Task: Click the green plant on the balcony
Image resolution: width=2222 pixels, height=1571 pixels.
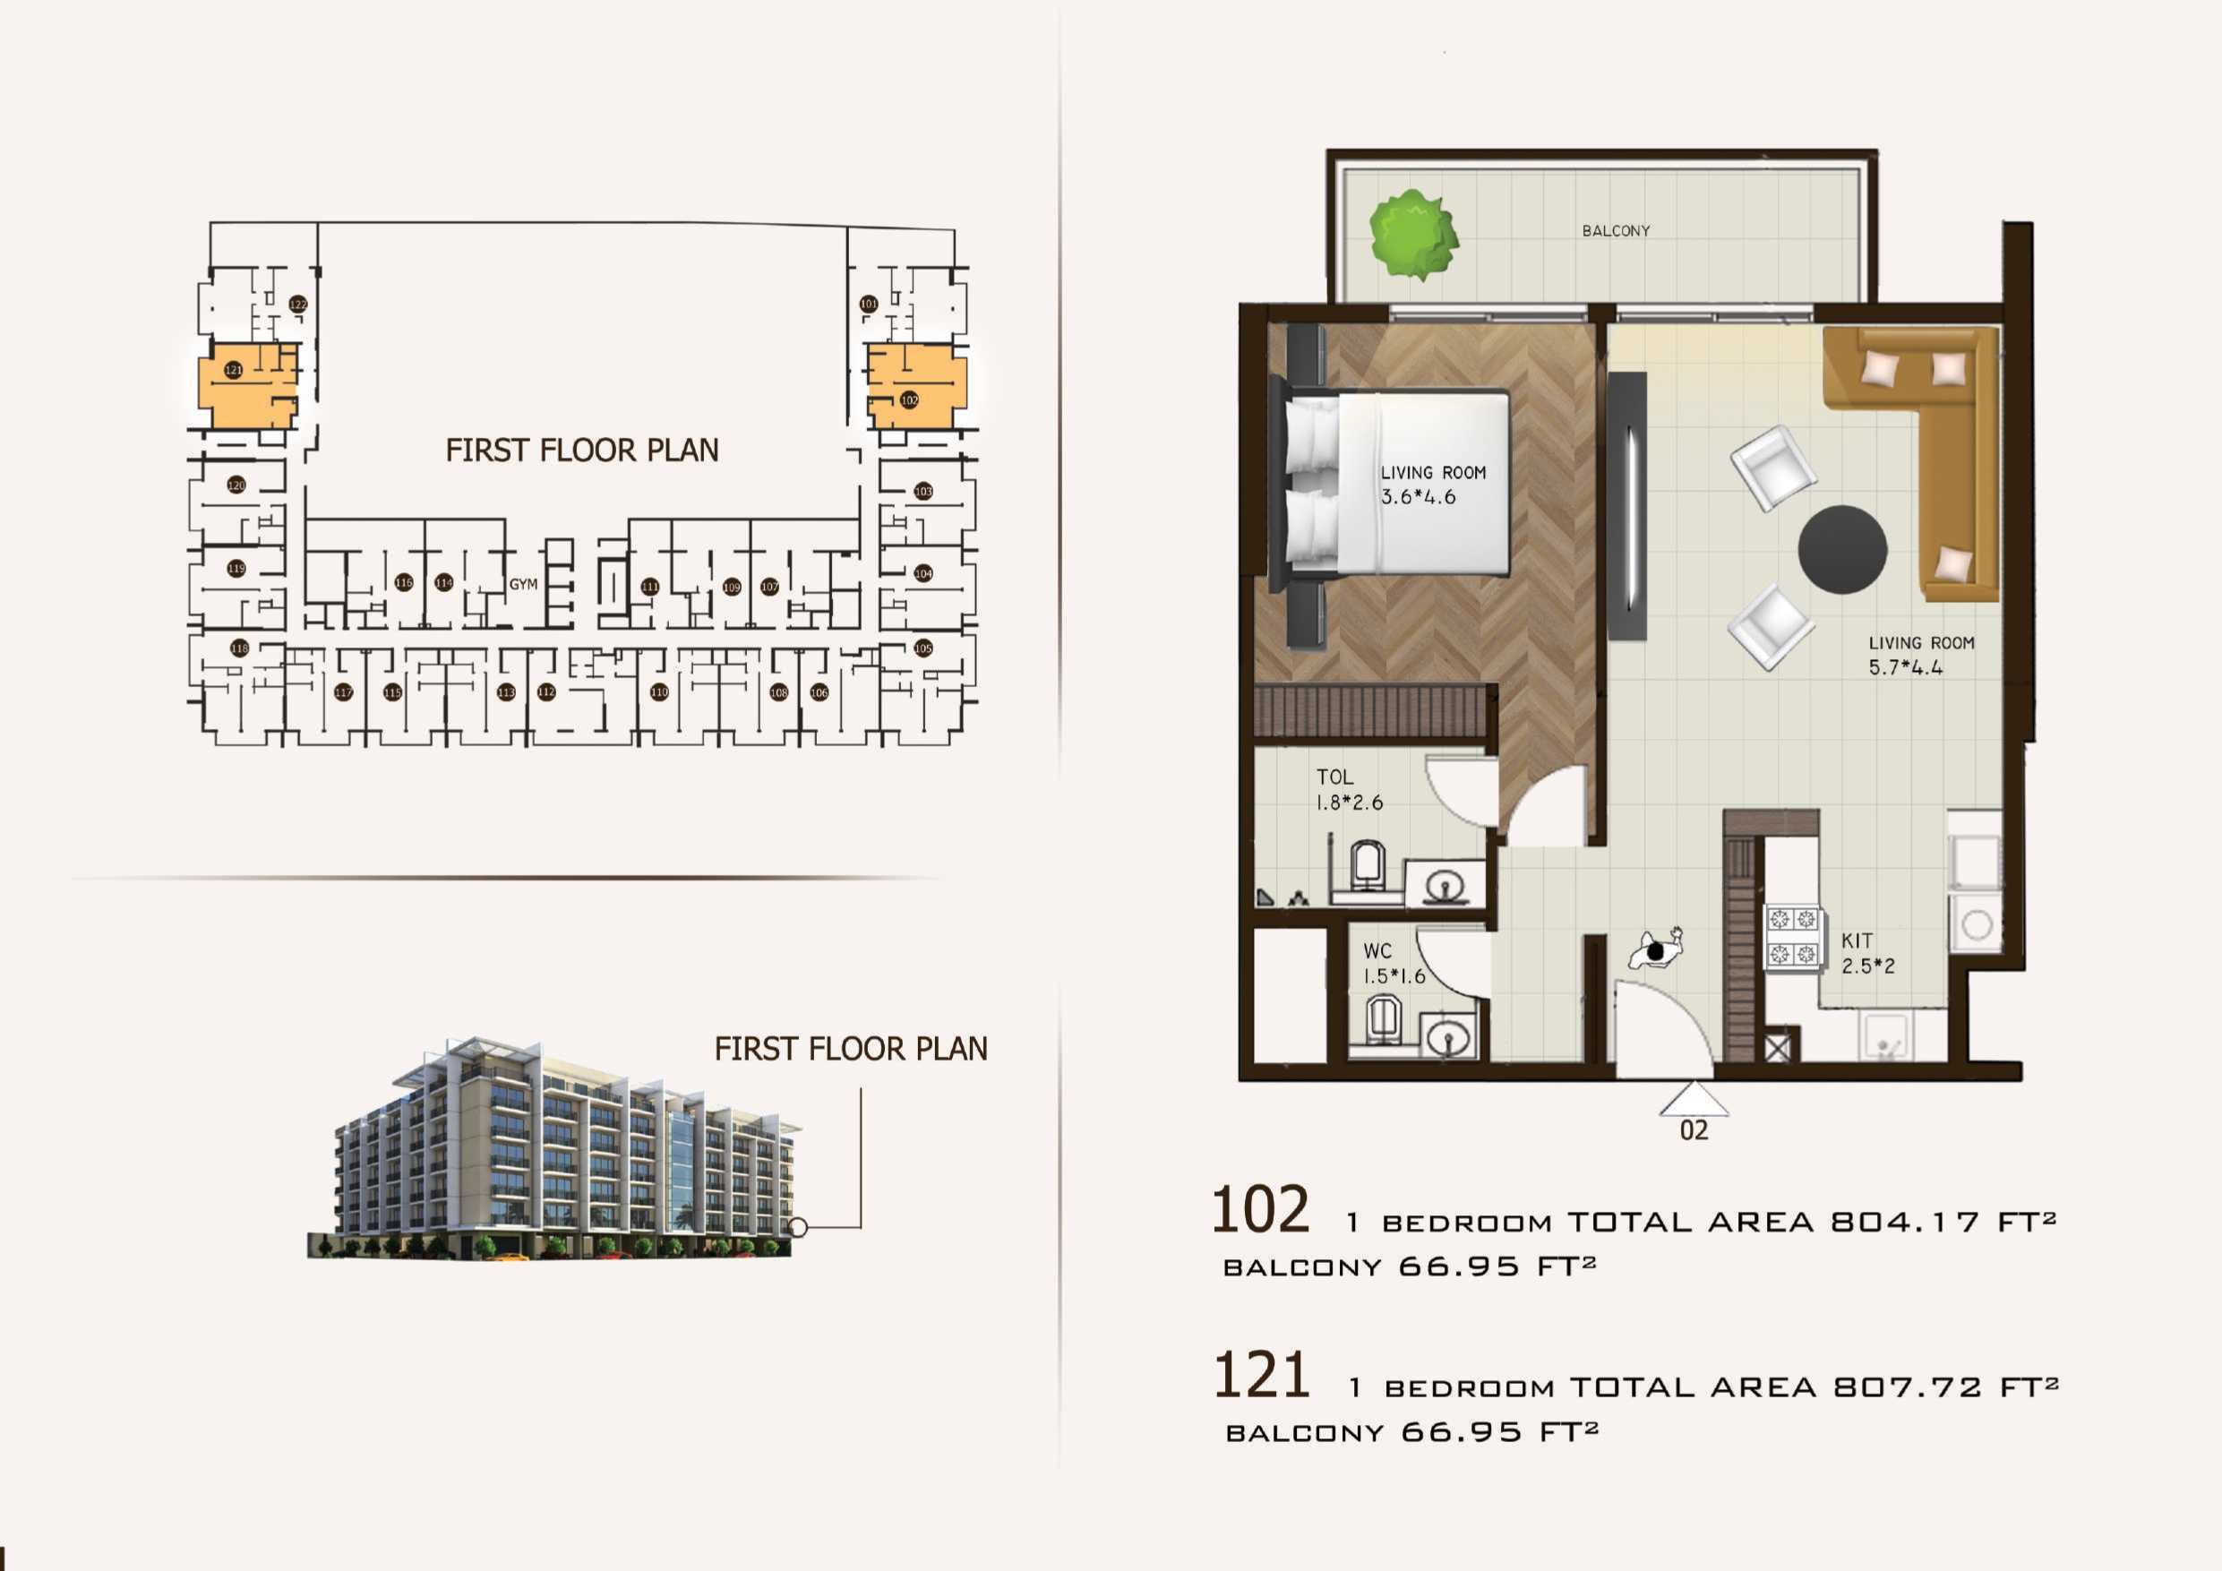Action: tap(1414, 235)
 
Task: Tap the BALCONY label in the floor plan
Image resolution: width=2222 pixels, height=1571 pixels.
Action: tap(1615, 230)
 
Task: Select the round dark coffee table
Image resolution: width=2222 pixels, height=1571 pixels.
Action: tap(1841, 549)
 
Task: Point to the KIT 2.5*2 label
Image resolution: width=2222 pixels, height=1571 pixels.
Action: tap(1866, 952)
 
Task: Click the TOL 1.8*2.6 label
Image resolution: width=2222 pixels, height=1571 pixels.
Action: tap(1348, 789)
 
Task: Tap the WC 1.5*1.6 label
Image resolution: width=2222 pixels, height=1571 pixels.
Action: tap(1393, 963)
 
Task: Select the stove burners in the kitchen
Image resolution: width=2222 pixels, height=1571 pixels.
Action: tap(1792, 936)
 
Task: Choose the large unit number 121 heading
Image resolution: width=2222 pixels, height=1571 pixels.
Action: tap(1261, 1375)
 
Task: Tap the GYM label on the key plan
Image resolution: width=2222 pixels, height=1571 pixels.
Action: tap(523, 584)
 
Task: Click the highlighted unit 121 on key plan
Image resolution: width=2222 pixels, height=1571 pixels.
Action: tap(247, 384)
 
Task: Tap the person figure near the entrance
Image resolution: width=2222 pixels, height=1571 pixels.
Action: tap(1656, 950)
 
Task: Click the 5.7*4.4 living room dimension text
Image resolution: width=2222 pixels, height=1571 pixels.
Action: tap(1905, 667)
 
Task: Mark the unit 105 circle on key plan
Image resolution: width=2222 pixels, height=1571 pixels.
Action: tap(923, 648)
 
